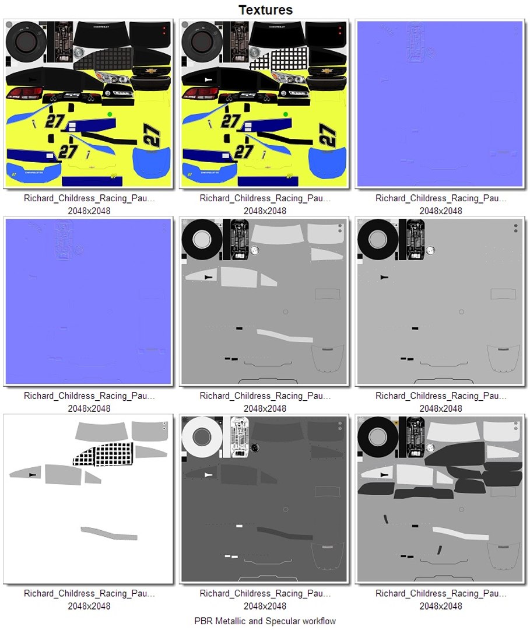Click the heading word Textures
pos(265,10)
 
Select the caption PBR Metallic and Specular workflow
pos(265,621)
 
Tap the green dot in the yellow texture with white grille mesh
pos(286,114)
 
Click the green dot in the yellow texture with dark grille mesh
pos(110,114)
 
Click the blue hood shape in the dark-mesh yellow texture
pos(152,163)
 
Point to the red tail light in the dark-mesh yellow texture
pos(24,93)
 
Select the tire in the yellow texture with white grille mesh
pos(201,39)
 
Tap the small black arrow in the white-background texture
pos(32,475)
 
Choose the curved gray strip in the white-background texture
pos(109,533)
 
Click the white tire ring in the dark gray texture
pos(201,436)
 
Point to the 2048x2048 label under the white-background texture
pos(89,606)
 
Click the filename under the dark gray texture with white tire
pos(265,593)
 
